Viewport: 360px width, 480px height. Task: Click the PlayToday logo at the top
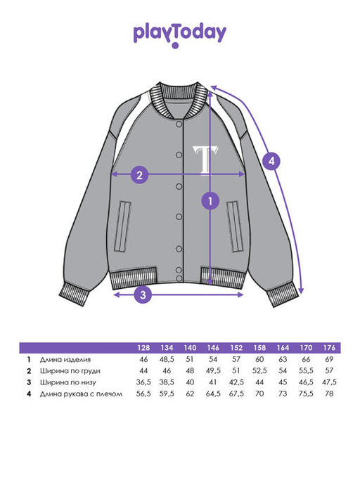pos(180,35)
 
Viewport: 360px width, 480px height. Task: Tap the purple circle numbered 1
pos(210,201)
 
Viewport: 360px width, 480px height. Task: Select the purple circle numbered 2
pos(140,175)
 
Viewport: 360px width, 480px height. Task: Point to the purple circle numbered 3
pos(143,294)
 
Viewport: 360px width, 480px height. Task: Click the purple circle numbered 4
pos(272,161)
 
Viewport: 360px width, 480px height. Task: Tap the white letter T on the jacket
pos(205,160)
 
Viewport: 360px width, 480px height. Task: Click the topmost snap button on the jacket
pos(179,124)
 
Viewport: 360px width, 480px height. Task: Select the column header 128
pos(143,348)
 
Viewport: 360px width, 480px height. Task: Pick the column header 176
pos(329,348)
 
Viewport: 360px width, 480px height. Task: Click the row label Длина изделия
pos(65,359)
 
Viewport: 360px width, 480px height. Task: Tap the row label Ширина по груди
pos(70,371)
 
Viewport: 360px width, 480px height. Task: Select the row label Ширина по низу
pos(68,382)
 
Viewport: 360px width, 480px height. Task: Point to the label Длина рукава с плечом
pos(81,394)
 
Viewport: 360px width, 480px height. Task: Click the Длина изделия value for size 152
pos(236,359)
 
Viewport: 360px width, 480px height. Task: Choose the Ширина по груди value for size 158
pos(259,370)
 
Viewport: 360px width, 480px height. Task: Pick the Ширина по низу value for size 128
pos(143,382)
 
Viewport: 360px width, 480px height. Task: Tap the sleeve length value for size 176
pos(329,394)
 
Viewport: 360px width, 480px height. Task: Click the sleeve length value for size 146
pos(213,394)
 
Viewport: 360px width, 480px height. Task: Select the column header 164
pos(283,348)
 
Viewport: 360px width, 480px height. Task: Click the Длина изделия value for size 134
pos(167,359)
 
